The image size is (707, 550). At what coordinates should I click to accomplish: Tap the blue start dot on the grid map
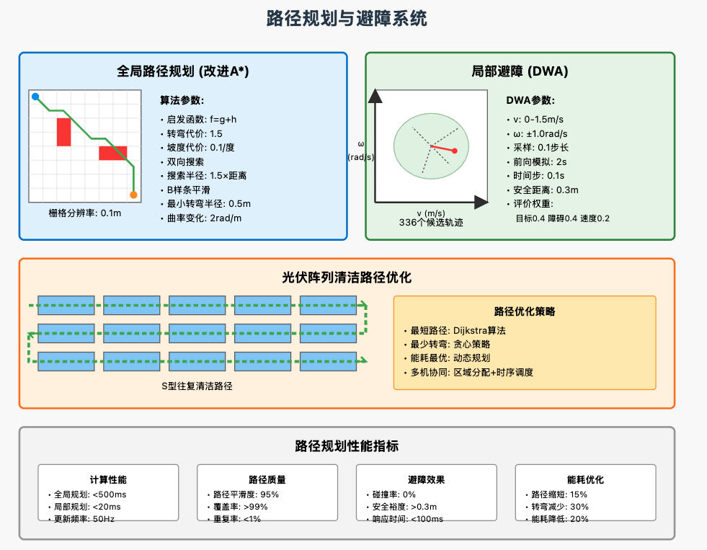35,97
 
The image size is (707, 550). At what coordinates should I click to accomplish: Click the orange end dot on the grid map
133,195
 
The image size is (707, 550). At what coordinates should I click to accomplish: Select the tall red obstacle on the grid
63,132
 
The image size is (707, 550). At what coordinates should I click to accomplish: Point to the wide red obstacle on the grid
112,153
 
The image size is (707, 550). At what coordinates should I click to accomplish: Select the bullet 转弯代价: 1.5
194,134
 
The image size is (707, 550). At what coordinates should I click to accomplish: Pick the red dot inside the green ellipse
455,151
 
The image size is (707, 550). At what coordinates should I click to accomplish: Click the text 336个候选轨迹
431,223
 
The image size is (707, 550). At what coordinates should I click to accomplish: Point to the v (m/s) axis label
431,213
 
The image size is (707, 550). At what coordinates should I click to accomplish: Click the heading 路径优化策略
524,311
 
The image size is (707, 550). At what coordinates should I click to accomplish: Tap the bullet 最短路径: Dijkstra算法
458,330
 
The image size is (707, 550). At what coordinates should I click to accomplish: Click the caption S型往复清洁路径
197,386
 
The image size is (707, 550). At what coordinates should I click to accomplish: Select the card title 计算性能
108,479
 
